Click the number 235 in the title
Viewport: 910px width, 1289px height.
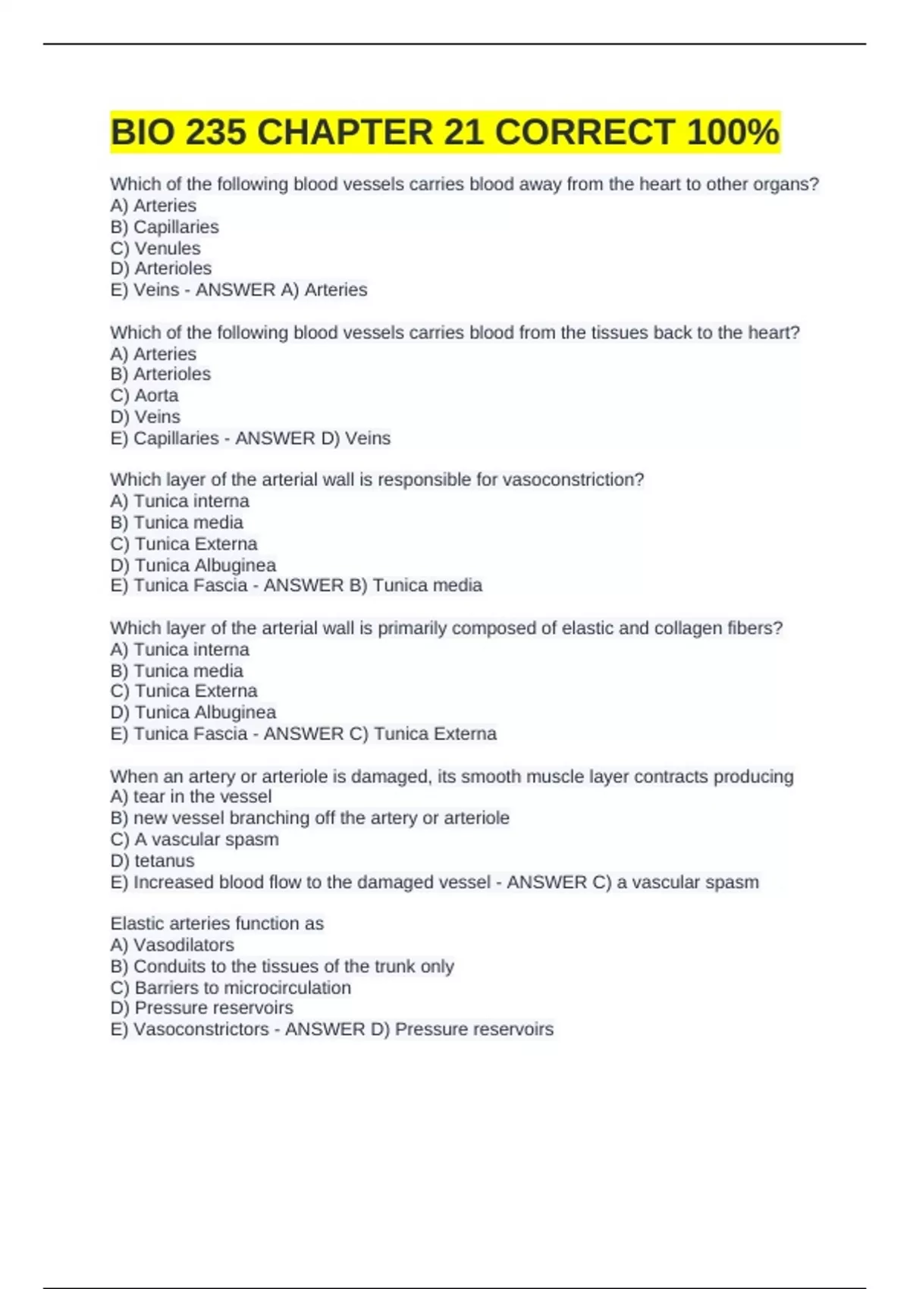coord(215,132)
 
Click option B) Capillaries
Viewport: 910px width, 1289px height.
coord(165,227)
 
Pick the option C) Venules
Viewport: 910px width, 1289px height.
coord(155,248)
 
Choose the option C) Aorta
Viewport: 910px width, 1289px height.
coord(144,395)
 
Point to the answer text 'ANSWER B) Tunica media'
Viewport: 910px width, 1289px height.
coord(372,585)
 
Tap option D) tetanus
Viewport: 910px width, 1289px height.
coord(152,861)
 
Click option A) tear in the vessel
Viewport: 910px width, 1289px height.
coord(190,796)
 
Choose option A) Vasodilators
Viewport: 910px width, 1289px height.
coord(172,945)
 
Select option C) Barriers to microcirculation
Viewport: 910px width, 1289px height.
coord(231,987)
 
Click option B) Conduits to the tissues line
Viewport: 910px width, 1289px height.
coord(282,966)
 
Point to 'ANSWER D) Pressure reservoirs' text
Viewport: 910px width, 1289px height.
coord(419,1029)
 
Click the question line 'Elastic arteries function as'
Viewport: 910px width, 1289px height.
coord(217,924)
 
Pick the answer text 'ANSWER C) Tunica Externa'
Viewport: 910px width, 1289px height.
coord(380,733)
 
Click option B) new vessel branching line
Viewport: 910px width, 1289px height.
coord(309,817)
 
